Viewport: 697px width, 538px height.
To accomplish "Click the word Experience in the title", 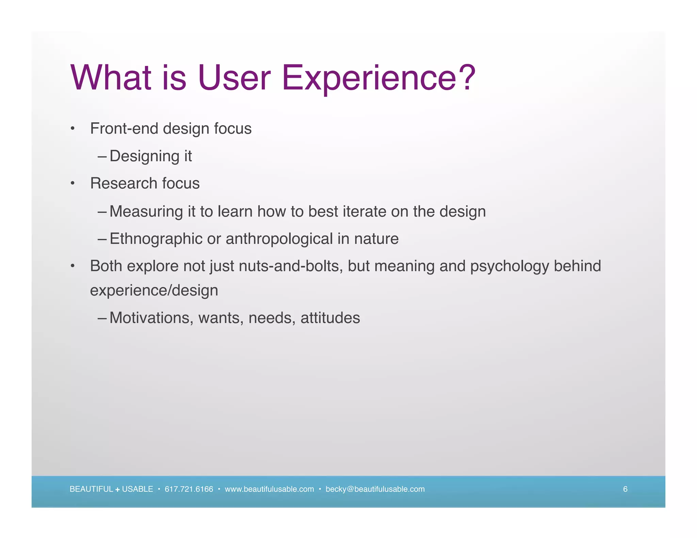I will pos(369,78).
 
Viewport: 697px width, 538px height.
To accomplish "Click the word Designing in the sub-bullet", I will pos(144,156).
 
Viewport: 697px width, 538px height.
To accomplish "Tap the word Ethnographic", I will pos(156,239).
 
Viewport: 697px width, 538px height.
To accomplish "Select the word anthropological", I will pos(279,239).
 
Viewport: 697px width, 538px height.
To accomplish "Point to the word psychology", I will pos(509,266).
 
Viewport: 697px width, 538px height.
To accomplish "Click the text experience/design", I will pos(154,290).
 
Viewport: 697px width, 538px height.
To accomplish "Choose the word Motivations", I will pos(151,318).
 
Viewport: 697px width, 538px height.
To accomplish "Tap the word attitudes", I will pos(330,318).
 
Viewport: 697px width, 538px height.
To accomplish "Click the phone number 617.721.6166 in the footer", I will pos(189,489).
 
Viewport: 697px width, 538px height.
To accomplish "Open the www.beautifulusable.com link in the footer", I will pos(269,489).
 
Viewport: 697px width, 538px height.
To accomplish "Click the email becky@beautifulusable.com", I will pos(375,489).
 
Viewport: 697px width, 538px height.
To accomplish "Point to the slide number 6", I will pos(625,489).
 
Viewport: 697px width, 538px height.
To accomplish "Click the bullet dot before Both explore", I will pos(72,266).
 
